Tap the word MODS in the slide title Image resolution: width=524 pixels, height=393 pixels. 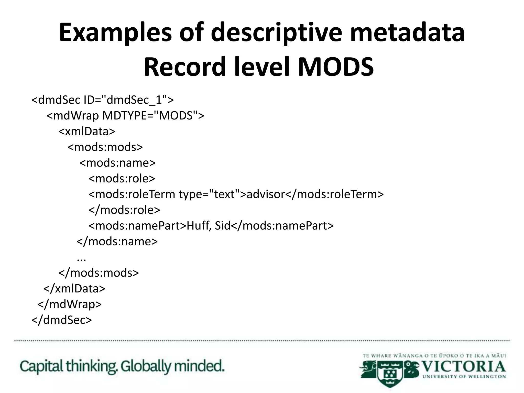pyautogui.click(x=336, y=67)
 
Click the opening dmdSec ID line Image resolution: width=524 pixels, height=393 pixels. pyautogui.click(x=102, y=100)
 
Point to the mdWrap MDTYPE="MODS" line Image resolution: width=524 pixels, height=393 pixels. pyautogui.click(x=125, y=116)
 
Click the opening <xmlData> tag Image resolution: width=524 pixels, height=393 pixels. pyautogui.click(x=87, y=132)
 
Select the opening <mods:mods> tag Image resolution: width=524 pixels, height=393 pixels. pyautogui.click(x=105, y=147)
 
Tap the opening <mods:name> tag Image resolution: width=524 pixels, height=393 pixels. pyautogui.click(x=117, y=163)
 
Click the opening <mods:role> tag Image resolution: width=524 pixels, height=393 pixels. pyautogui.click(x=122, y=179)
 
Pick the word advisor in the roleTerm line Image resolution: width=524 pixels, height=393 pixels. pyautogui.click(x=266, y=194)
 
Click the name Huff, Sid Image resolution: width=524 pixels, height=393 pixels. pyautogui.click(x=209, y=226)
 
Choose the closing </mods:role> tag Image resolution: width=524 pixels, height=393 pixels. pyautogui.click(x=124, y=210)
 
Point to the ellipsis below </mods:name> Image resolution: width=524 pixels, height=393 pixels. pyautogui.click(x=81, y=259)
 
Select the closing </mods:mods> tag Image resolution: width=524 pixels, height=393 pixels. pyautogui.click(x=99, y=273)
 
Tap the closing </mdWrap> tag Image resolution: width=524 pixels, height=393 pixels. pyautogui.click(x=70, y=304)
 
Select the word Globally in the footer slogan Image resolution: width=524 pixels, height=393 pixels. pyautogui.click(x=146, y=366)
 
